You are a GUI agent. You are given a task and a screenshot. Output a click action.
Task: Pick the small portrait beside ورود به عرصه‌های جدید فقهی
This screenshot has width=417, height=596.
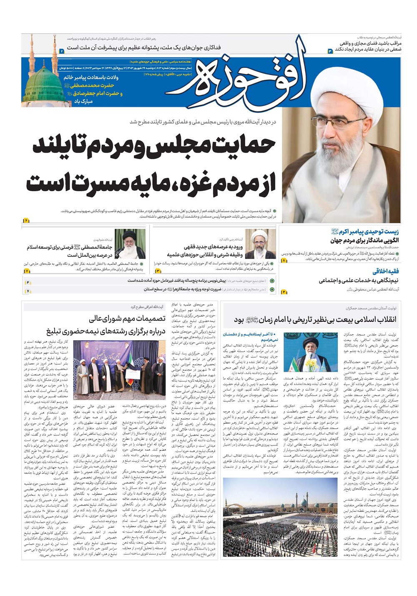click(x=260, y=244)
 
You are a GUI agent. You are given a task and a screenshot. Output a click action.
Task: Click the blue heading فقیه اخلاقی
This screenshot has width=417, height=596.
click(x=385, y=271)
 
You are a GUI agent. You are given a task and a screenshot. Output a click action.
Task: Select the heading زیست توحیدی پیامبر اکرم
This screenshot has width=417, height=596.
click(x=365, y=232)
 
